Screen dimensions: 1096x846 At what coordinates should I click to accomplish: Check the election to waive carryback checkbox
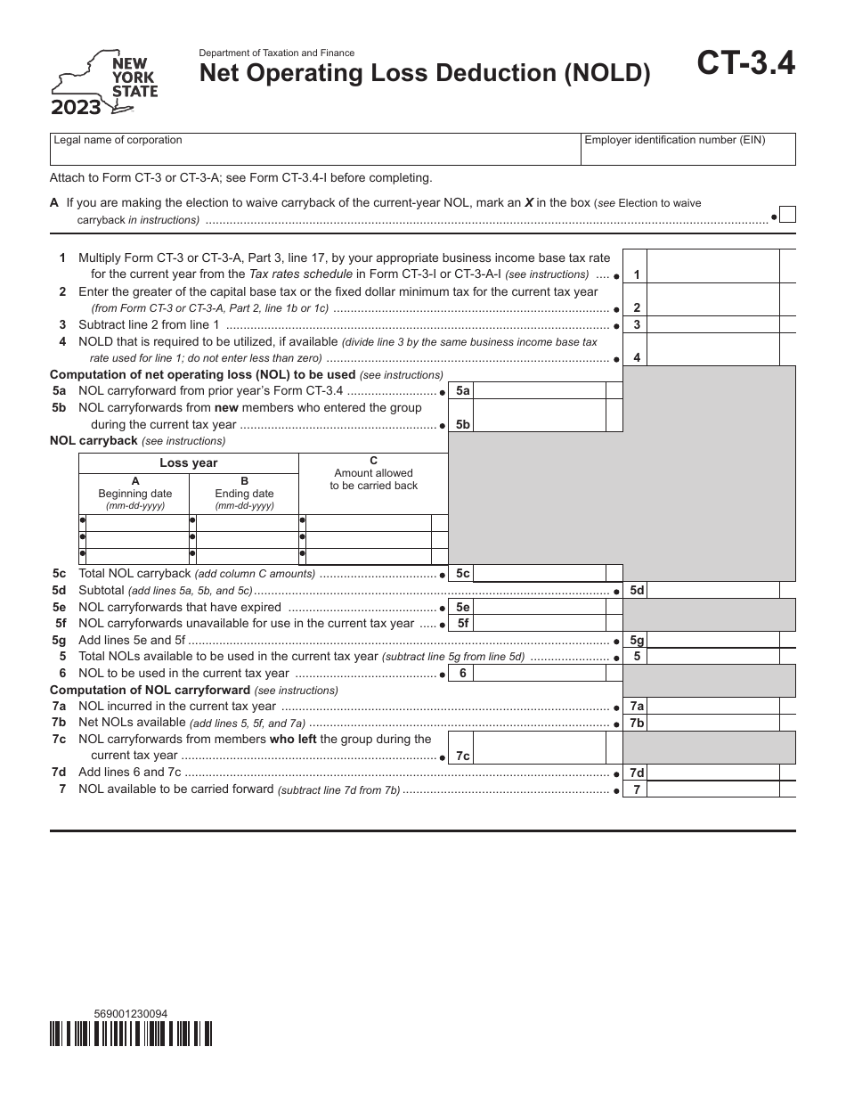tap(787, 215)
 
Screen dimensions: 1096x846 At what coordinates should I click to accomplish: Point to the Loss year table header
tap(188, 462)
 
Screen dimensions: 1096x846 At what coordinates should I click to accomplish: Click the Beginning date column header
tap(134, 493)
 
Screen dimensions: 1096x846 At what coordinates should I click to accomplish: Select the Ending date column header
tap(244, 493)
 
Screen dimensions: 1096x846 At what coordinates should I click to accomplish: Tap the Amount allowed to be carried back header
tap(373, 473)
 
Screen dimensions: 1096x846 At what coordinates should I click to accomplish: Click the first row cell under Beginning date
tap(134, 522)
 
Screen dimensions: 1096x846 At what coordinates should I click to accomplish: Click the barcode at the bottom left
tap(131, 1033)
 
